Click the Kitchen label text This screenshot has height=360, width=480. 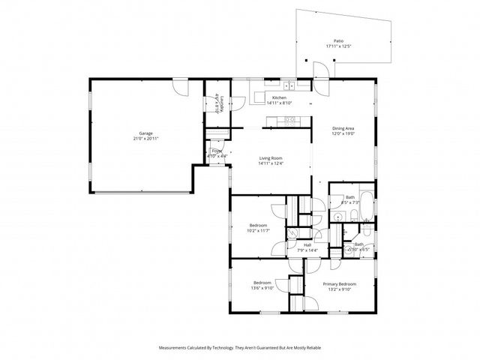tap(279, 98)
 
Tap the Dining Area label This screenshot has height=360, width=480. tap(343, 128)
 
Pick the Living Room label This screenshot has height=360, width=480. tap(270, 158)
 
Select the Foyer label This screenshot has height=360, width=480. tap(216, 151)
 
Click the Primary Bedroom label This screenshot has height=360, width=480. tap(339, 284)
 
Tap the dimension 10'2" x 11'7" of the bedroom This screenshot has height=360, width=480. tap(258, 230)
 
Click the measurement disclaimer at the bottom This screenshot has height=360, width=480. tap(239, 348)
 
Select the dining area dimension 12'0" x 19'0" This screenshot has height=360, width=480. tap(343, 133)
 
